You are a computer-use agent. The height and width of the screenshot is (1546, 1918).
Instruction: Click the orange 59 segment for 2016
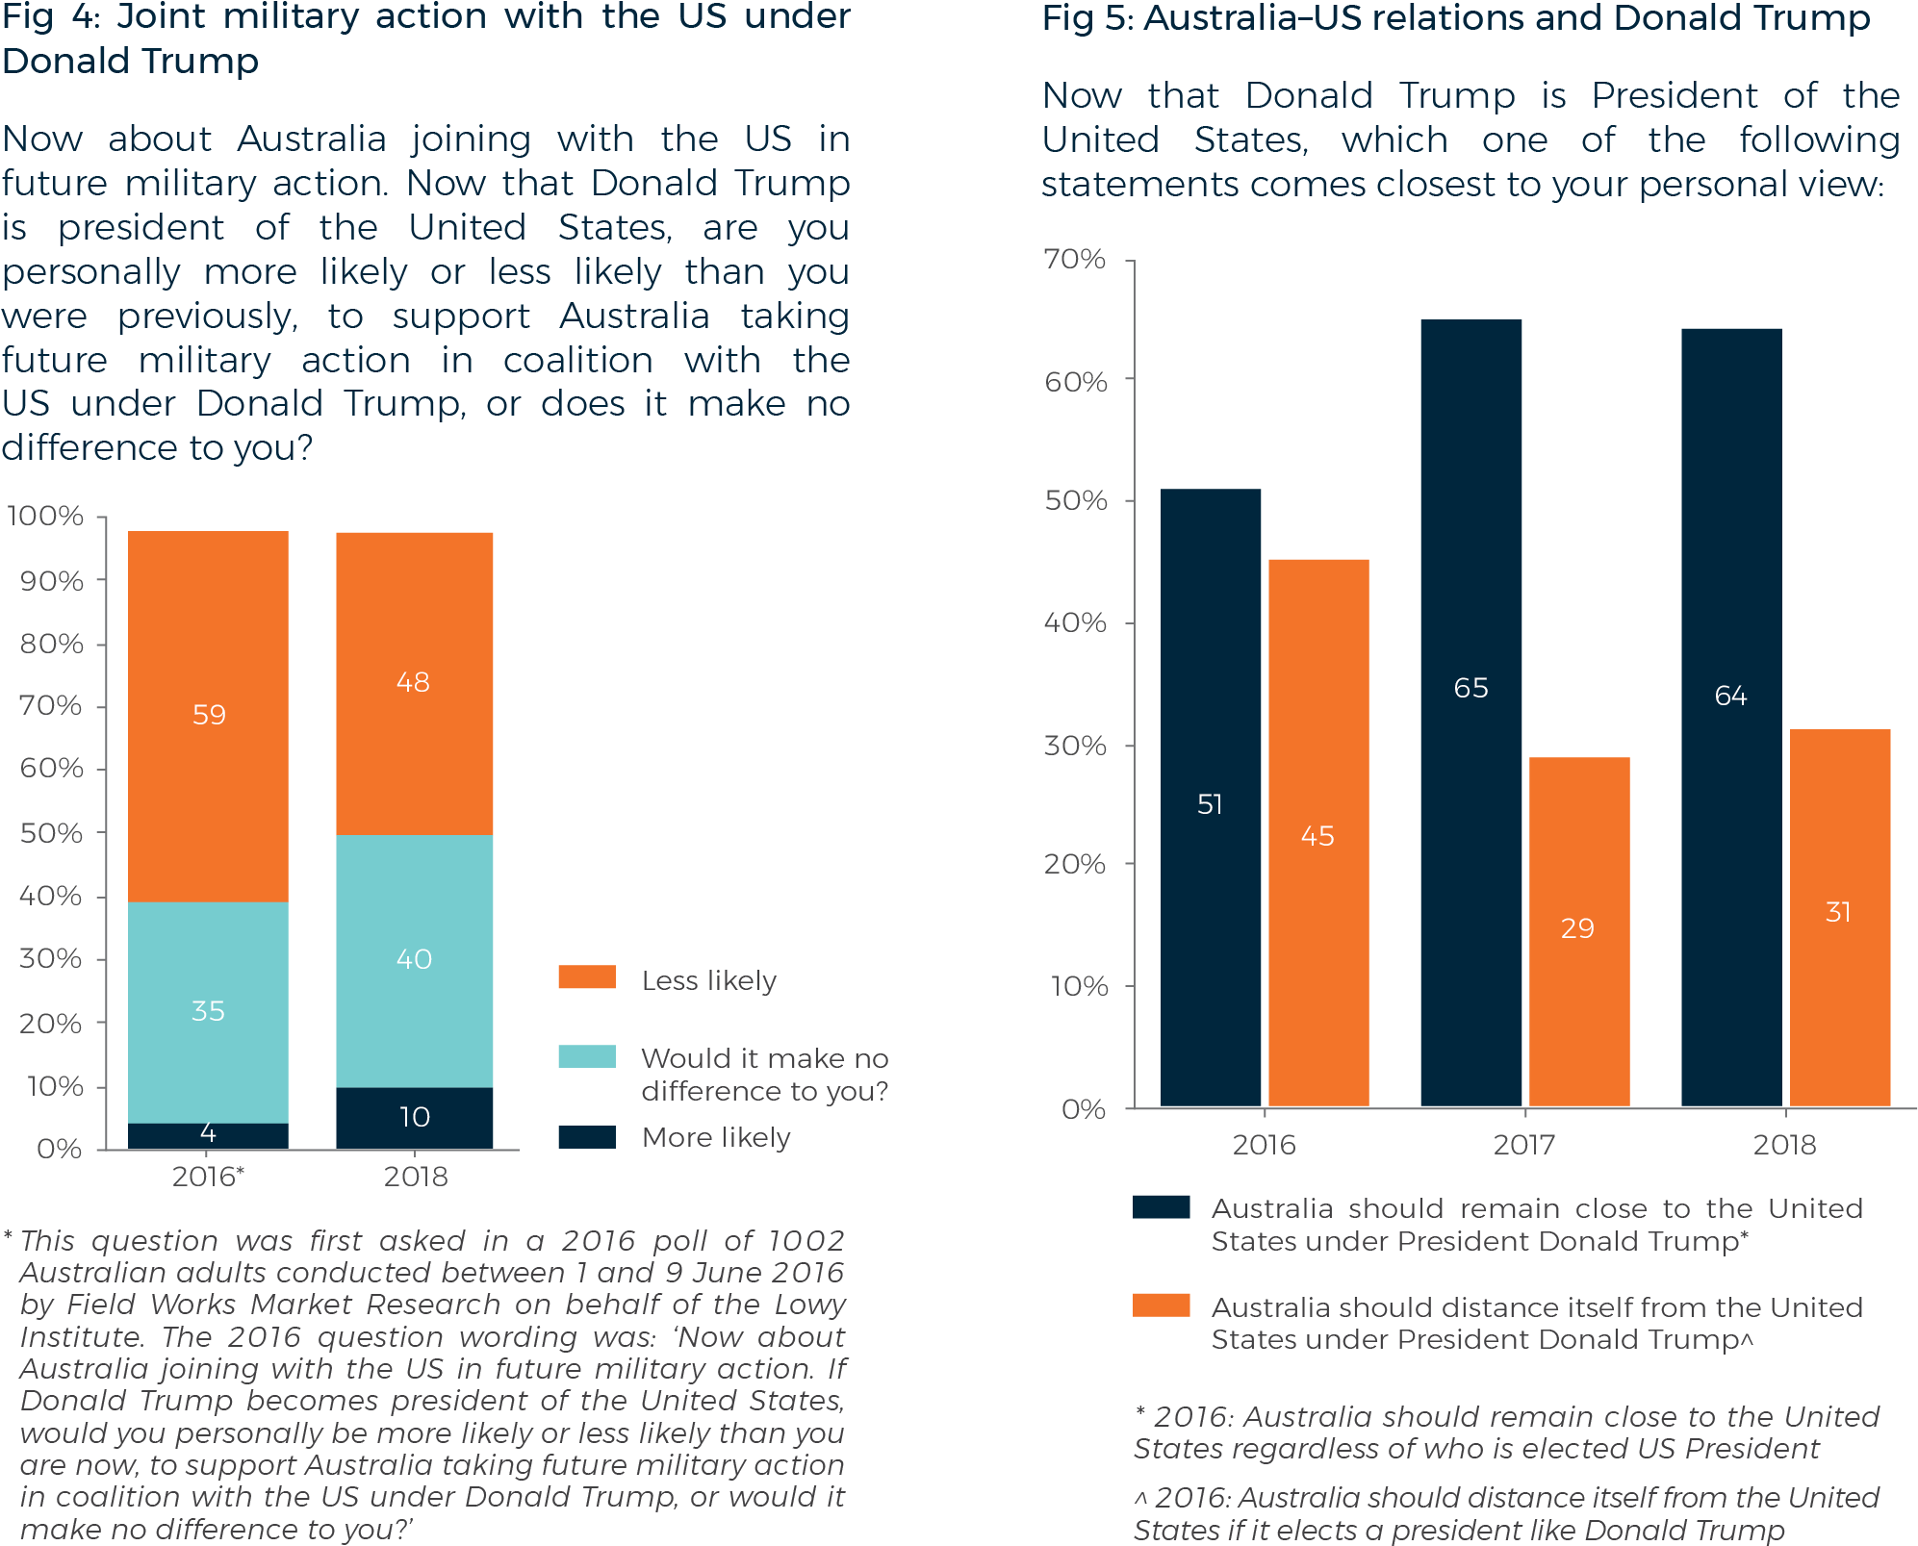(208, 716)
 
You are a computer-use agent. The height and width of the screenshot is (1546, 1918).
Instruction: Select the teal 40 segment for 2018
(414, 959)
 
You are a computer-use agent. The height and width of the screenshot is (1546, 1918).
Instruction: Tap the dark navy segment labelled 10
(414, 1117)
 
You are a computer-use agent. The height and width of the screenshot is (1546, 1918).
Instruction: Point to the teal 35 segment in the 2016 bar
(208, 1011)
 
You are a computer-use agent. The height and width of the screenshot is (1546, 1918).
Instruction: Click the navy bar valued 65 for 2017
(1470, 712)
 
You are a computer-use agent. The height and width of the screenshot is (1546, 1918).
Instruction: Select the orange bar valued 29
(1578, 930)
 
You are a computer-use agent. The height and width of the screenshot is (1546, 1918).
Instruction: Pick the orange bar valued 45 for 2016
(1317, 833)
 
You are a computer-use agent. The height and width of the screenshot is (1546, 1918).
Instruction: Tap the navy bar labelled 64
(1730, 717)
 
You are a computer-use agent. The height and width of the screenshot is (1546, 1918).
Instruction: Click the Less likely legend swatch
(586, 977)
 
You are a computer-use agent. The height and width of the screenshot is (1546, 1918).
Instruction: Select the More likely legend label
(715, 1137)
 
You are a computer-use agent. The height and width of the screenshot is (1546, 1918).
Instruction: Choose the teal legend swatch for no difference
(586, 1056)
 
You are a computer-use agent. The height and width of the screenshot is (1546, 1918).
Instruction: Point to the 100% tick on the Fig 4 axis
(46, 517)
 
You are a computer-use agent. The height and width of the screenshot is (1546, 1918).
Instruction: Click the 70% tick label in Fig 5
(1074, 260)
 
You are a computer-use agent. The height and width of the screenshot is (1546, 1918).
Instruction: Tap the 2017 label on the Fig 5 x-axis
(1523, 1145)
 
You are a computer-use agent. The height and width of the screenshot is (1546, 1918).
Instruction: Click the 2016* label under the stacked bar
(208, 1177)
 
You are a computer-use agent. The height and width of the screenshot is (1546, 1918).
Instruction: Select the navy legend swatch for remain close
(1161, 1207)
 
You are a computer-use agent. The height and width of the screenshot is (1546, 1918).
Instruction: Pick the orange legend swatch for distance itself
(1161, 1305)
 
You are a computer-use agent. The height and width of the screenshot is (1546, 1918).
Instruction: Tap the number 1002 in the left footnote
(806, 1241)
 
